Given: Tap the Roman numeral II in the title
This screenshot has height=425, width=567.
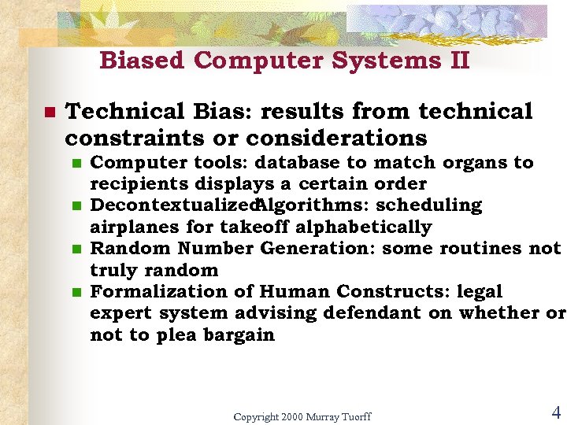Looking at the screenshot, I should (x=459, y=61).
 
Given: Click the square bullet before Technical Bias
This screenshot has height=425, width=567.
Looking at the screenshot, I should (x=49, y=112).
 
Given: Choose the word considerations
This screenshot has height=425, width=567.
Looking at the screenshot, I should (x=336, y=139).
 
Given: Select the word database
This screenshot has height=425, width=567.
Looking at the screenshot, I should (x=300, y=163).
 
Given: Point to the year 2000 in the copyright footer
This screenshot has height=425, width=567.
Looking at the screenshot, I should (x=291, y=416).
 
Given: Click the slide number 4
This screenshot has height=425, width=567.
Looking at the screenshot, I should (x=555, y=412).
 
